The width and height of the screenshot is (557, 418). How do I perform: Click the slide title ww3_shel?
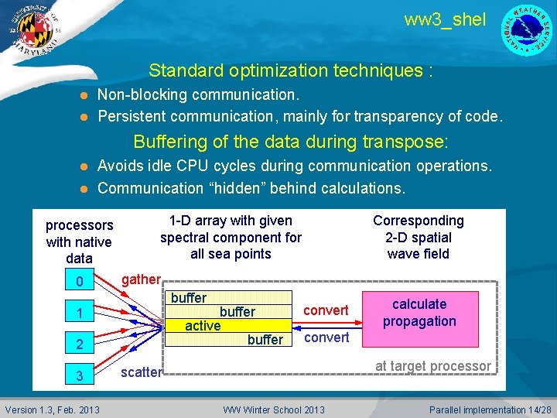click(x=445, y=20)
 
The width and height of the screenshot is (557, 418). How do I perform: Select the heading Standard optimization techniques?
click(x=290, y=71)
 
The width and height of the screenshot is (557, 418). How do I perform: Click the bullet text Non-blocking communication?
click(x=198, y=94)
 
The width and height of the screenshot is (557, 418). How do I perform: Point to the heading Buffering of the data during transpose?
click(x=290, y=142)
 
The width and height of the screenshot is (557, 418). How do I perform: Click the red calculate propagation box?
click(x=419, y=313)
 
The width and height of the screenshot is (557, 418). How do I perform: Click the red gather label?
click(x=141, y=279)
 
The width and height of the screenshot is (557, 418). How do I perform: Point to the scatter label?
click(x=141, y=372)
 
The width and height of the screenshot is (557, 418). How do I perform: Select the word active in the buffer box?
click(x=203, y=326)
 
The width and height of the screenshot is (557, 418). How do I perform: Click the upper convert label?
click(x=326, y=310)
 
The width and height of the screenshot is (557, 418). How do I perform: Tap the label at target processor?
click(x=432, y=366)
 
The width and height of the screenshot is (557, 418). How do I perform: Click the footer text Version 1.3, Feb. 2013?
click(x=53, y=409)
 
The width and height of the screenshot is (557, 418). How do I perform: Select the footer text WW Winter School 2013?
click(x=274, y=409)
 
